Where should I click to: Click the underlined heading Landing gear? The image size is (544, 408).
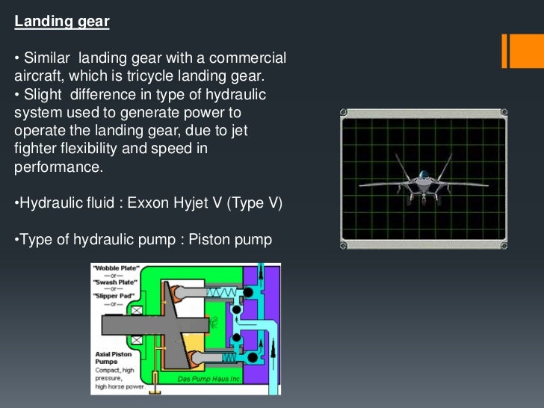coord(62,22)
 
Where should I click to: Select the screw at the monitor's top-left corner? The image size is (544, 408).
coord(345,114)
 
